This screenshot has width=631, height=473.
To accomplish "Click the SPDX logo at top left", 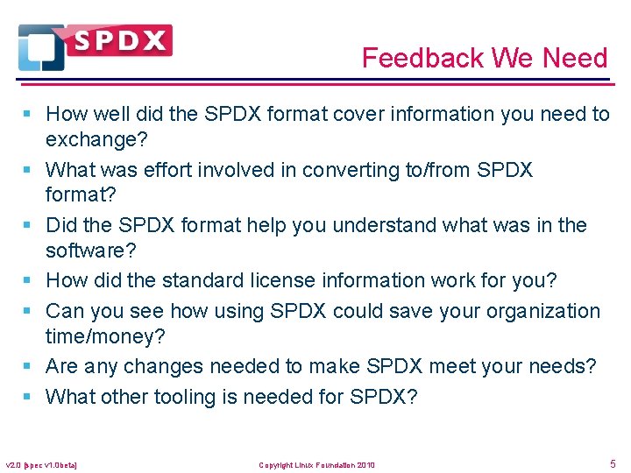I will coord(95,46).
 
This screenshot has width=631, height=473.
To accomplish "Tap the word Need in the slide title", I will coord(575,59).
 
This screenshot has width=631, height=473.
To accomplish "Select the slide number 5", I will coord(612,463).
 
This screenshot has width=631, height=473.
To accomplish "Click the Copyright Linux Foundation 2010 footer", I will coord(316,465).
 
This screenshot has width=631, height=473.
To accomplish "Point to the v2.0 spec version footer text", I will coord(42,465).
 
